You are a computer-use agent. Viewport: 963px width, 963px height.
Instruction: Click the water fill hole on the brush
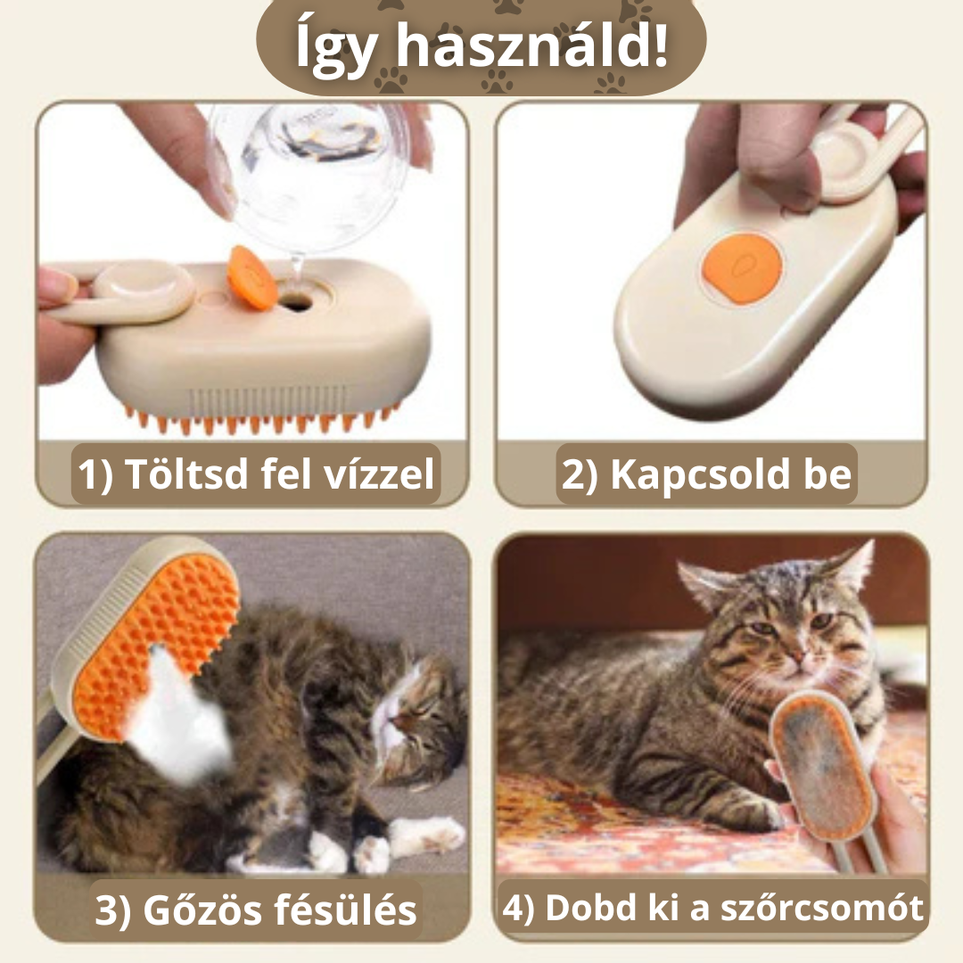coord(297,303)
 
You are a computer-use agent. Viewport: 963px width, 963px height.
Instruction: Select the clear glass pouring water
coord(308,165)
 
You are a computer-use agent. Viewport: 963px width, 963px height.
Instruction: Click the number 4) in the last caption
coord(521,908)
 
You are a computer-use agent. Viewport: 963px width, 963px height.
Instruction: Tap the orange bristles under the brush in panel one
coord(259,419)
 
